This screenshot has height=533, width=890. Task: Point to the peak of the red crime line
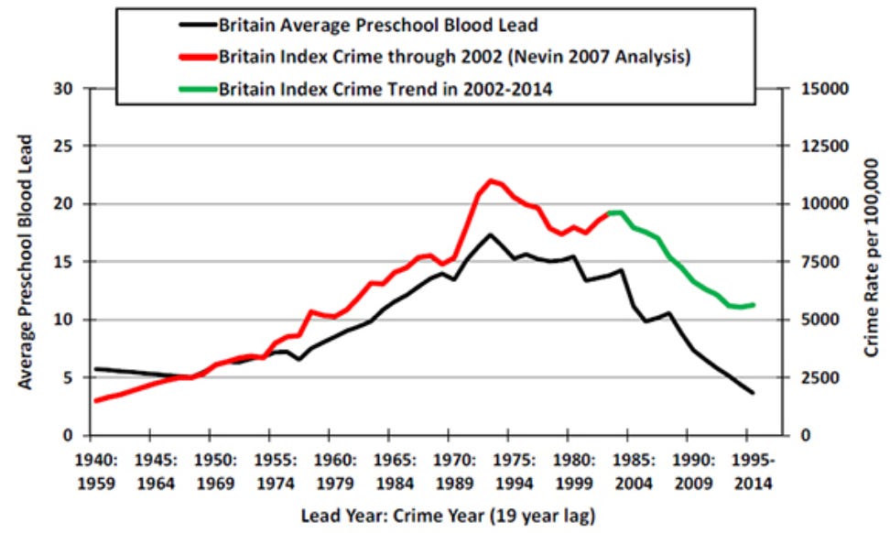[x=492, y=180]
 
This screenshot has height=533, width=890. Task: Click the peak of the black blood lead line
[x=491, y=234]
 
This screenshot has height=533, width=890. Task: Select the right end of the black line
[x=753, y=393]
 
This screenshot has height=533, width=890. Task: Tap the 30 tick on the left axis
[x=64, y=89]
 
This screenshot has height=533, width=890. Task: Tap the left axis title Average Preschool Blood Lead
[x=27, y=261]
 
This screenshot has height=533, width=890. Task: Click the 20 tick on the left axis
[x=64, y=204]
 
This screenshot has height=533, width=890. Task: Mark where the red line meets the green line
[x=608, y=213]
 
